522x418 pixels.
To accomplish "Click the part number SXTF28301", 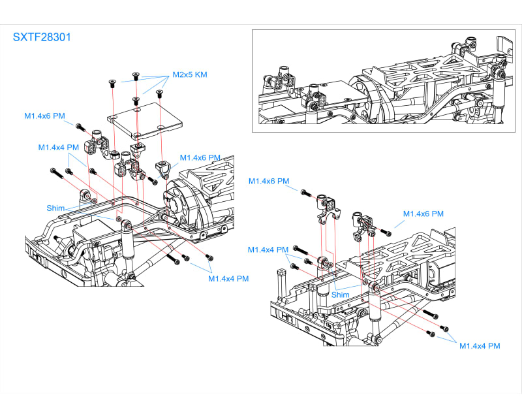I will (42, 37).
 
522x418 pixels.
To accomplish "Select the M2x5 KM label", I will (190, 74).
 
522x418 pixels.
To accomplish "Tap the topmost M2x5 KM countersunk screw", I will (136, 75).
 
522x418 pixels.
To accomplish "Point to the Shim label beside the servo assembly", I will (55, 208).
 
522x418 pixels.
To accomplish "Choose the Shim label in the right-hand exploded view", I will (341, 295).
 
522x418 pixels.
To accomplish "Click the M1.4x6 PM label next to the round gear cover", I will (200, 158).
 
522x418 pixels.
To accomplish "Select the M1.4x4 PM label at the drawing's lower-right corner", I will (480, 346).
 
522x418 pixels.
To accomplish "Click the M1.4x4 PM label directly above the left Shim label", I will (59, 148).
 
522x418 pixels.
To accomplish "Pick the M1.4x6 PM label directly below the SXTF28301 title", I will (44, 116).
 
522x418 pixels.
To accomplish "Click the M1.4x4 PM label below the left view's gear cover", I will (228, 279).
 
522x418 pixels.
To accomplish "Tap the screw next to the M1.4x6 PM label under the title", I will (80, 126).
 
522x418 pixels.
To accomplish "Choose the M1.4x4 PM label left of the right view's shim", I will (268, 249).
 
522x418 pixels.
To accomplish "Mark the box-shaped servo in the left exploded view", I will (85, 238).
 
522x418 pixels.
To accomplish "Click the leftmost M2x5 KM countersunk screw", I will (112, 82).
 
